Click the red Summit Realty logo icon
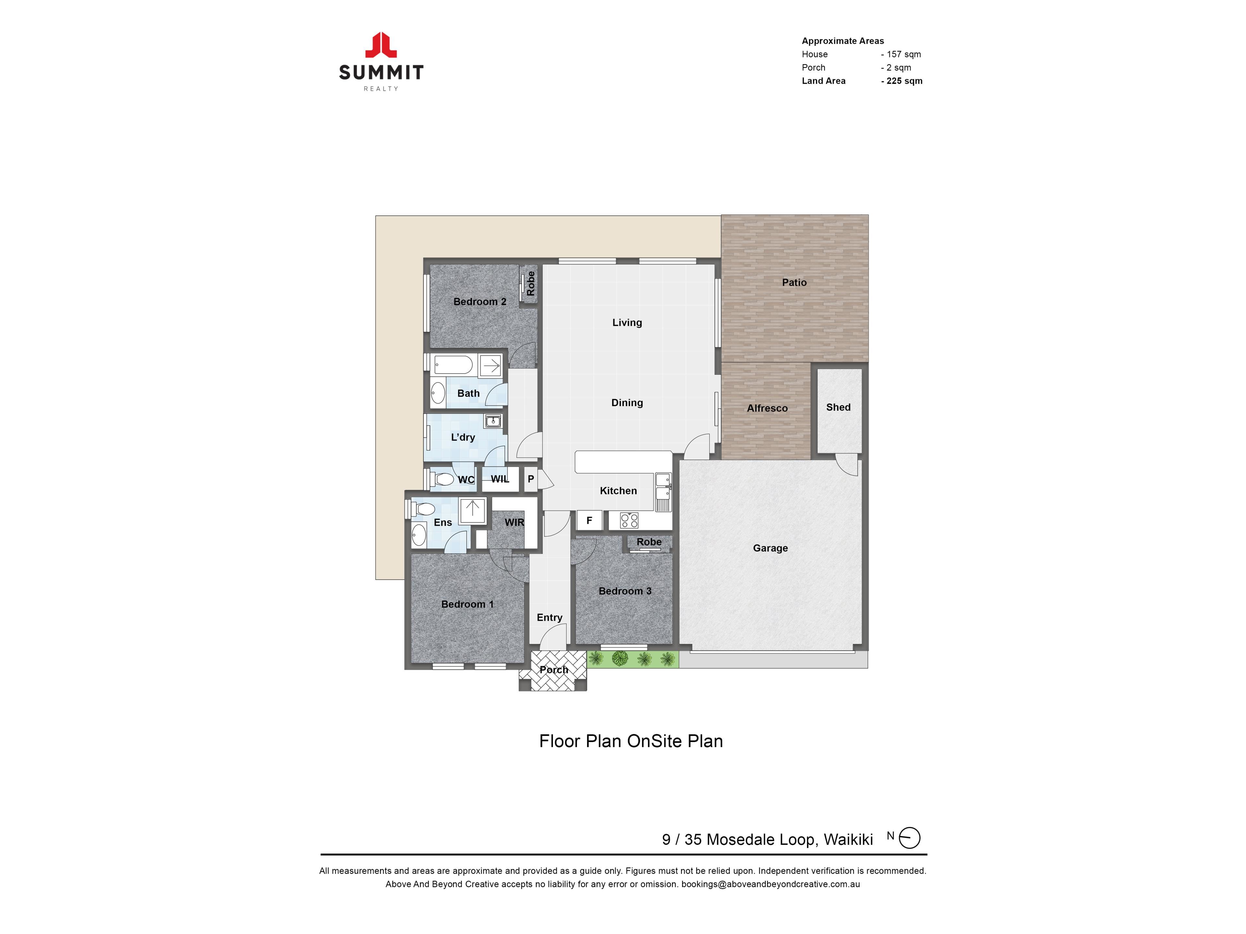[381, 45]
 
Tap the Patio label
[794, 282]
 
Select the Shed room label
[838, 407]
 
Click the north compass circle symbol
[909, 838]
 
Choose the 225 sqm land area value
[902, 81]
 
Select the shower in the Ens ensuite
[472, 511]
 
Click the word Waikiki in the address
[848, 839]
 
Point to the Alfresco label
[767, 409]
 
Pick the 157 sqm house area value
[901, 54]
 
